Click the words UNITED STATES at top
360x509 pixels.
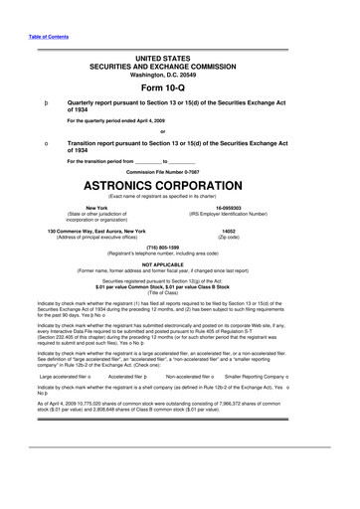pyautogui.click(x=179, y=50)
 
